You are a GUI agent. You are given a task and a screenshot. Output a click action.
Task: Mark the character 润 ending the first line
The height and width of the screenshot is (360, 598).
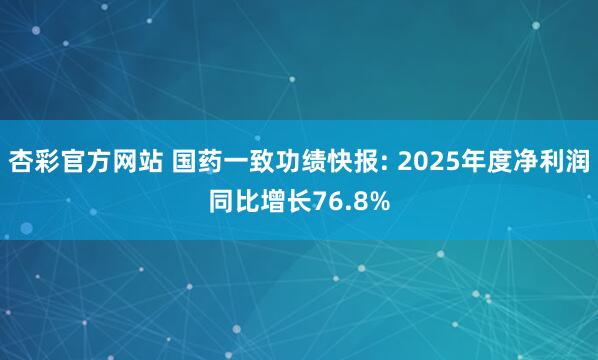click(576, 160)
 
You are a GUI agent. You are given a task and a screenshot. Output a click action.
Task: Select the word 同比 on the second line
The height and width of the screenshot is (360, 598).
click(236, 200)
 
